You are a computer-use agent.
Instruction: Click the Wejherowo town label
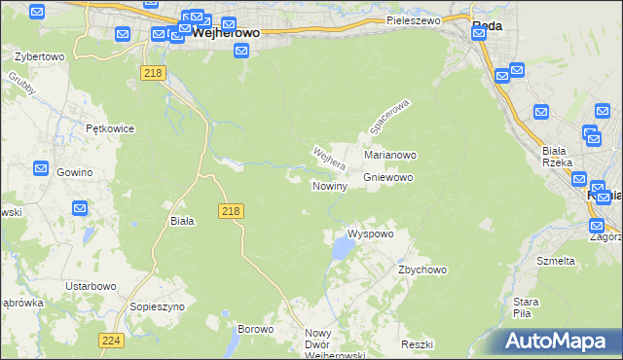pyautogui.click(x=226, y=32)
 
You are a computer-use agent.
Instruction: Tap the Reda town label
pyautogui.click(x=487, y=26)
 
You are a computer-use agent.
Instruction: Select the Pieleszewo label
pyautogui.click(x=413, y=19)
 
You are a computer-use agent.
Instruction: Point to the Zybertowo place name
pyautogui.click(x=40, y=56)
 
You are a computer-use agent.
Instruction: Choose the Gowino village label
pyautogui.click(x=74, y=172)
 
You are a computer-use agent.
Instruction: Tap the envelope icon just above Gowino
pyautogui.click(x=41, y=168)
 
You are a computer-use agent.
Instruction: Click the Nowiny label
pyautogui.click(x=330, y=185)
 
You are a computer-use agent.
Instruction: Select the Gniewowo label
pyautogui.click(x=388, y=178)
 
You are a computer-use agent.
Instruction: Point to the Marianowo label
pyautogui.click(x=390, y=155)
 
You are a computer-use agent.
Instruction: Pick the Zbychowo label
pyautogui.click(x=421, y=270)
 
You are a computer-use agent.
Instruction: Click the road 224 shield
pyautogui.click(x=110, y=341)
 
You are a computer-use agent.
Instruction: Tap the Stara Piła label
pyautogui.click(x=527, y=307)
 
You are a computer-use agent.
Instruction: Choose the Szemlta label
pyautogui.click(x=556, y=261)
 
